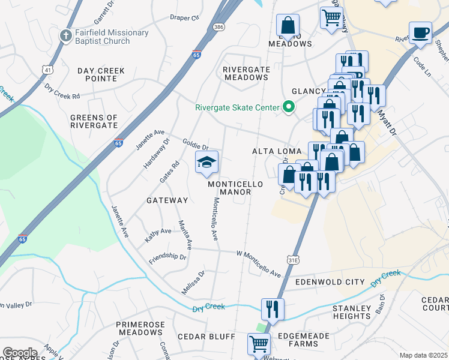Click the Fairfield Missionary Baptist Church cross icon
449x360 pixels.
point(66,35)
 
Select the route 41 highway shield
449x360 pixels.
point(47,70)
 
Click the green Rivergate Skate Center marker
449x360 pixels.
point(289,108)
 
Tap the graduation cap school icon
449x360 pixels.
point(206,162)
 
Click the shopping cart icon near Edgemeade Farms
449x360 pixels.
point(259,344)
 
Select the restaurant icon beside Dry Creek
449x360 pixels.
point(272,308)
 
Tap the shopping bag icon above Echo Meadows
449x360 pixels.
point(288,25)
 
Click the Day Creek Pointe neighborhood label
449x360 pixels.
point(101,75)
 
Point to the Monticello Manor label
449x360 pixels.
point(229,188)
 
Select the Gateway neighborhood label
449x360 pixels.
point(167,200)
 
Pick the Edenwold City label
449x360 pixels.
point(330,281)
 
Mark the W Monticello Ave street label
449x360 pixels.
point(259,265)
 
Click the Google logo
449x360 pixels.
point(20,352)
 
